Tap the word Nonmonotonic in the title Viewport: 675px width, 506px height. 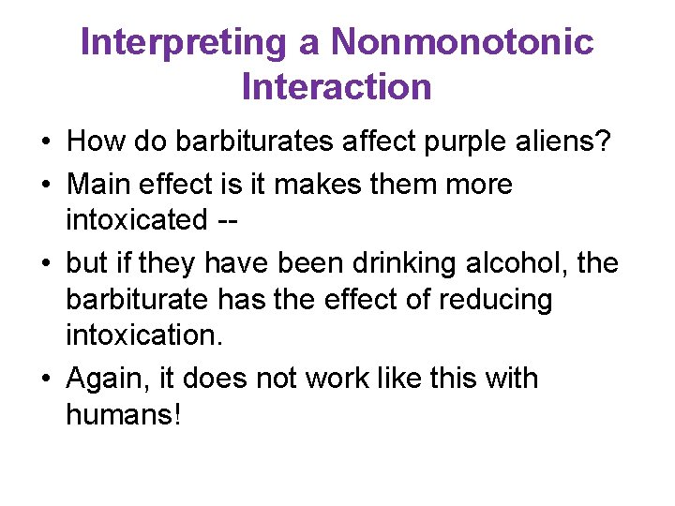click(x=462, y=42)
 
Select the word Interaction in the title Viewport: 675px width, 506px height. click(x=337, y=87)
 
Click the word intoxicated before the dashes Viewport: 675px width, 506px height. click(x=136, y=220)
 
